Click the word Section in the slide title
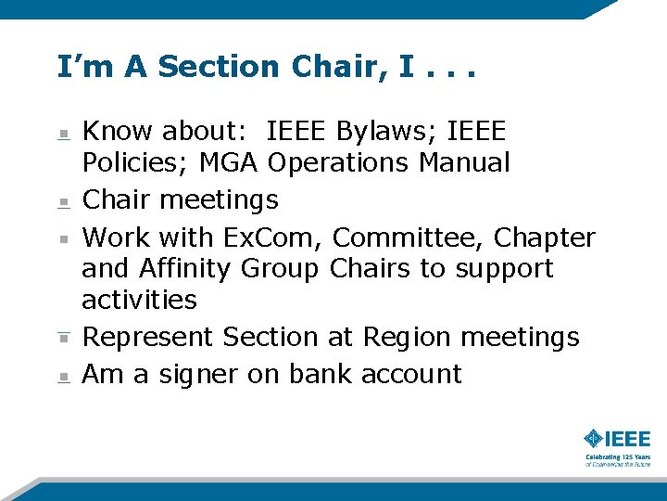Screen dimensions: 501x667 click(x=218, y=67)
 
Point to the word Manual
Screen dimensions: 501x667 click(x=464, y=163)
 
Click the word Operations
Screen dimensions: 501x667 click(x=338, y=163)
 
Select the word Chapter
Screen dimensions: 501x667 click(x=544, y=238)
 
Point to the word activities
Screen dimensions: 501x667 click(x=139, y=300)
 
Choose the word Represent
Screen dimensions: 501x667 click(x=149, y=337)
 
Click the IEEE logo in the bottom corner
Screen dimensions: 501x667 click(x=617, y=439)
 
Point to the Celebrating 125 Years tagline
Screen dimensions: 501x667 click(x=617, y=460)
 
